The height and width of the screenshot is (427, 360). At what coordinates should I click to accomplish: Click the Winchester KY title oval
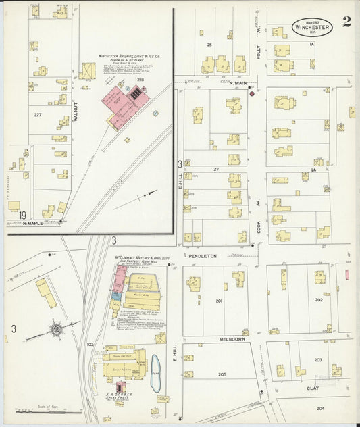(313, 26)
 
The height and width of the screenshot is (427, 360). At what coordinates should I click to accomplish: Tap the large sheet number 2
(346, 21)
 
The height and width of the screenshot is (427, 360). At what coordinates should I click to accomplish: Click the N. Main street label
(220, 82)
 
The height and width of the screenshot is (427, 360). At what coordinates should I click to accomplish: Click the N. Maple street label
(32, 222)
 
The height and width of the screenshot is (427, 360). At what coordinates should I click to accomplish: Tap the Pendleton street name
(202, 256)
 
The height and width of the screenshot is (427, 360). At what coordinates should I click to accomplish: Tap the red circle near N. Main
(251, 94)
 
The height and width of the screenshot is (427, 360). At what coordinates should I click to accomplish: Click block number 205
(222, 374)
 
